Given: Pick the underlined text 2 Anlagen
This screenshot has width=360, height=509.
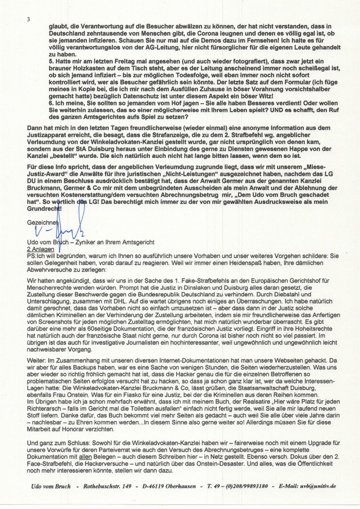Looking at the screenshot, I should click(x=42, y=247).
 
